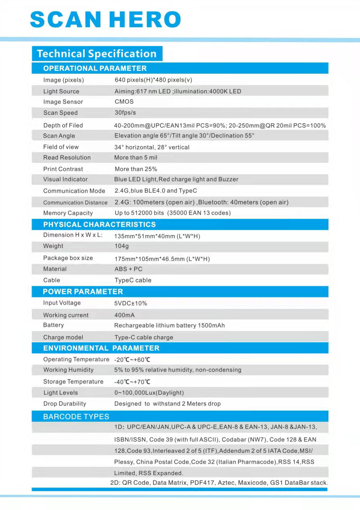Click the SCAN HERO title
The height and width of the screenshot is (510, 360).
106,19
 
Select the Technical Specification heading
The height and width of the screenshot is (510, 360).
97,54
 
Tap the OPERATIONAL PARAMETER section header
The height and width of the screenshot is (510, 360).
95,68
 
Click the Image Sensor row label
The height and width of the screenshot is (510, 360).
63,102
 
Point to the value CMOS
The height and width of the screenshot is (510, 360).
124,102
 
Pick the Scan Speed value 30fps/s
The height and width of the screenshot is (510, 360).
125,113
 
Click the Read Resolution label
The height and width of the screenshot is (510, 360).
67,158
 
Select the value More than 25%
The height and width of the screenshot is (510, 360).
136,169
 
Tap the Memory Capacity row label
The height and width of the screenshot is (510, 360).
68,213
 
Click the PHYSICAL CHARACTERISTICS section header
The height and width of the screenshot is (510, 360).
100,225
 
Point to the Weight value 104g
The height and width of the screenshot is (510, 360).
122,246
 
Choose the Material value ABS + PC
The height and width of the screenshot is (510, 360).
128,269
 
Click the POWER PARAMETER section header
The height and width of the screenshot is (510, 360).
83,291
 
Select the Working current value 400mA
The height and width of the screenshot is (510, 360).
125,315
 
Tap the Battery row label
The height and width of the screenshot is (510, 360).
54,325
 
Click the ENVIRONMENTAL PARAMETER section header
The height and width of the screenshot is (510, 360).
101,348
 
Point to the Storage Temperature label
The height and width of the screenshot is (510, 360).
73,382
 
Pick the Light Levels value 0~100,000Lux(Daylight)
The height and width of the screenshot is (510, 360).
149,393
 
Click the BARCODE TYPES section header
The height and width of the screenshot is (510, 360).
76,417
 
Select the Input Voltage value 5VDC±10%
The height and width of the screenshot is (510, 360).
131,303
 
